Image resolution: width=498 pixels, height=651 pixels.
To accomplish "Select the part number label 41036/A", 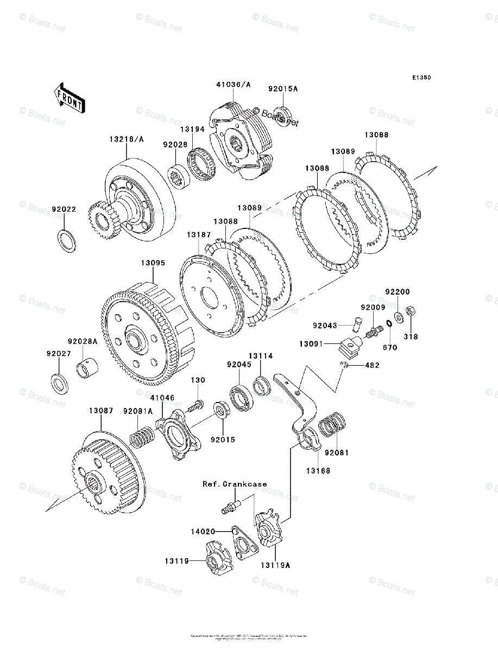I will coord(234,85).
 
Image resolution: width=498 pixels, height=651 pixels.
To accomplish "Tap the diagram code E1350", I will coord(421,78).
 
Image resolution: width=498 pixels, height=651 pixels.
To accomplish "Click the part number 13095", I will coord(154,263).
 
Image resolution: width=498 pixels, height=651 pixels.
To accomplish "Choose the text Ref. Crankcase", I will coord(235,484).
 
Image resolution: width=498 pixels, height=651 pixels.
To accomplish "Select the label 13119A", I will coord(275,565).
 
